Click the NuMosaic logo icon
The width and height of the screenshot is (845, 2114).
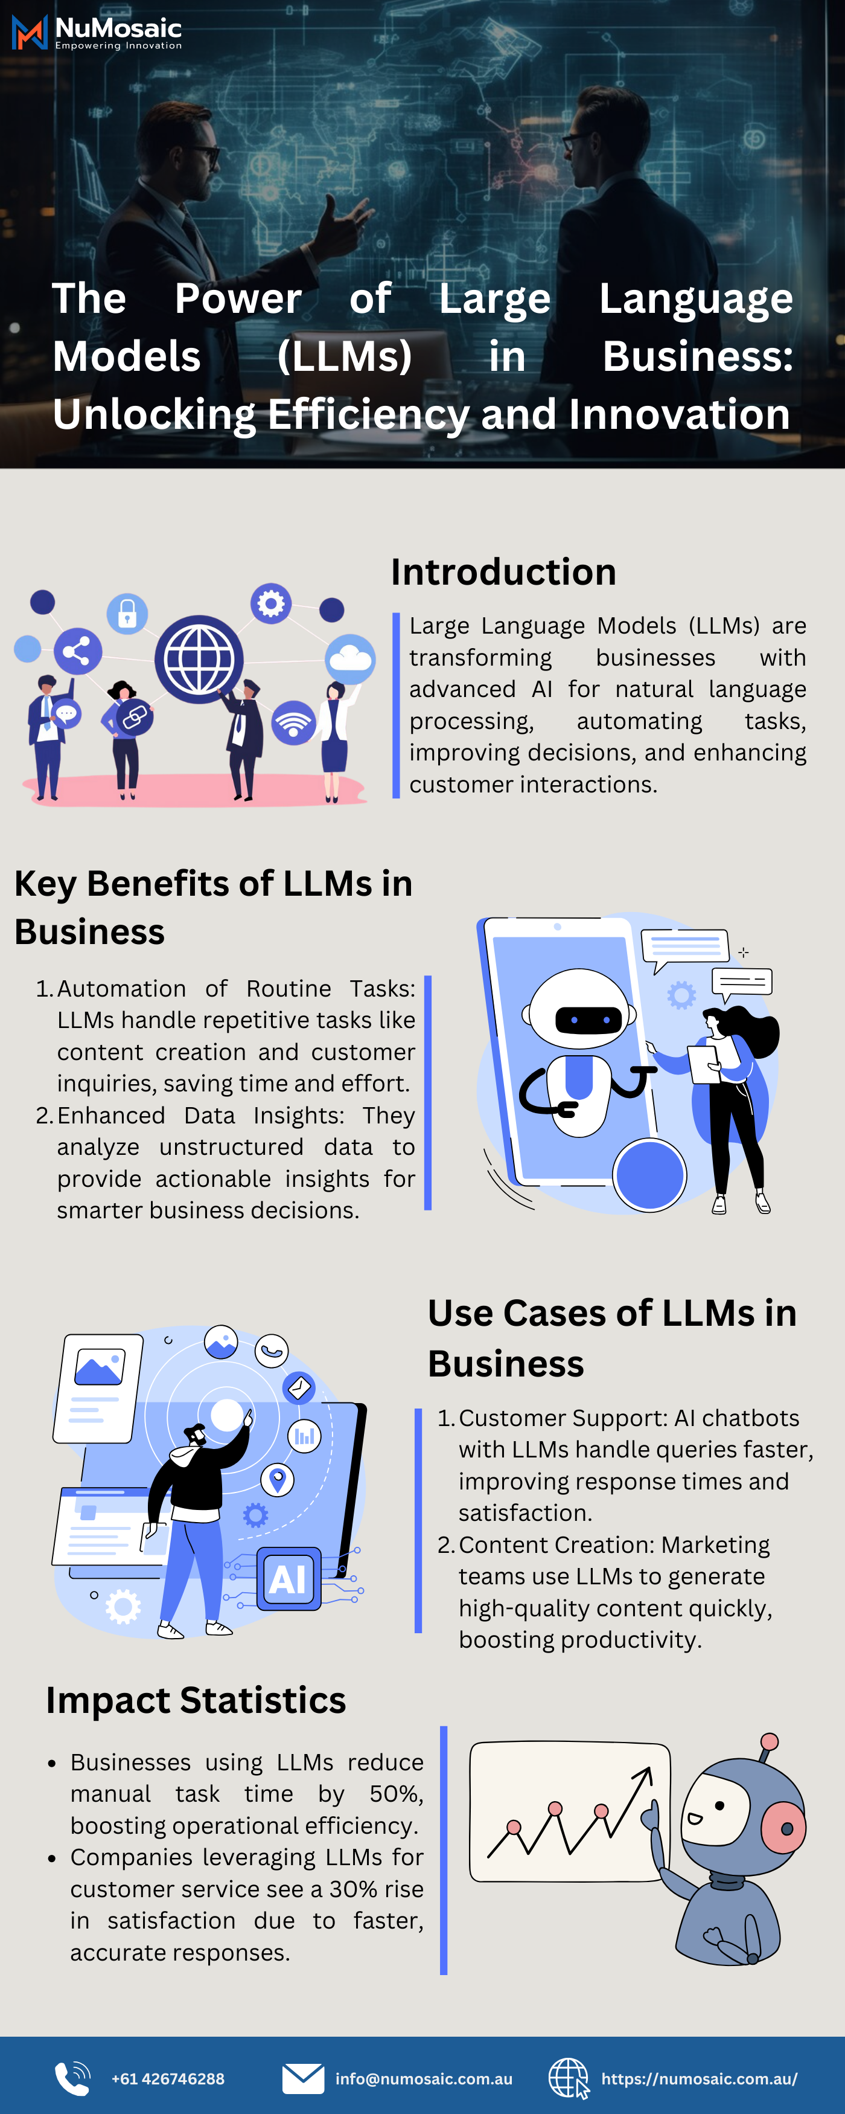(30, 33)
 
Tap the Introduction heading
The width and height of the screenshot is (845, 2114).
(503, 572)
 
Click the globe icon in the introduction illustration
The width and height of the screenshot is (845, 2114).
(199, 659)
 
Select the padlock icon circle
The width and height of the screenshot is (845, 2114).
(127, 613)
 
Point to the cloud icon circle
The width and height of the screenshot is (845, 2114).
(350, 658)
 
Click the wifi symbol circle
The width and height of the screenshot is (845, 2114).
(294, 722)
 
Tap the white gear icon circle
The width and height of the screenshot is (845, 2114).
(271, 604)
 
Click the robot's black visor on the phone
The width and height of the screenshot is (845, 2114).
(588, 1020)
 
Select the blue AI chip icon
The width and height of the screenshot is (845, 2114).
(288, 1579)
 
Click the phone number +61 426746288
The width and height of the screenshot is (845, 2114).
(167, 2079)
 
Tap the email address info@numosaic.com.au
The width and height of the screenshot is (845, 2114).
(423, 2079)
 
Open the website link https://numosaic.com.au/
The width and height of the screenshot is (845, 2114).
(699, 2079)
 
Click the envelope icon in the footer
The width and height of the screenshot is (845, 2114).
(303, 2079)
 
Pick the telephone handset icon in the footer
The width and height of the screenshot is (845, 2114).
(72, 2079)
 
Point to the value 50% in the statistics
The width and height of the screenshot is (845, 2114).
(395, 1794)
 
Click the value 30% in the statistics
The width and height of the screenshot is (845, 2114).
(349, 1889)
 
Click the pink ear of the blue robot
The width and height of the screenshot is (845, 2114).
(784, 1828)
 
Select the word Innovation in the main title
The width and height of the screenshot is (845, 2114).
(678, 414)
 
